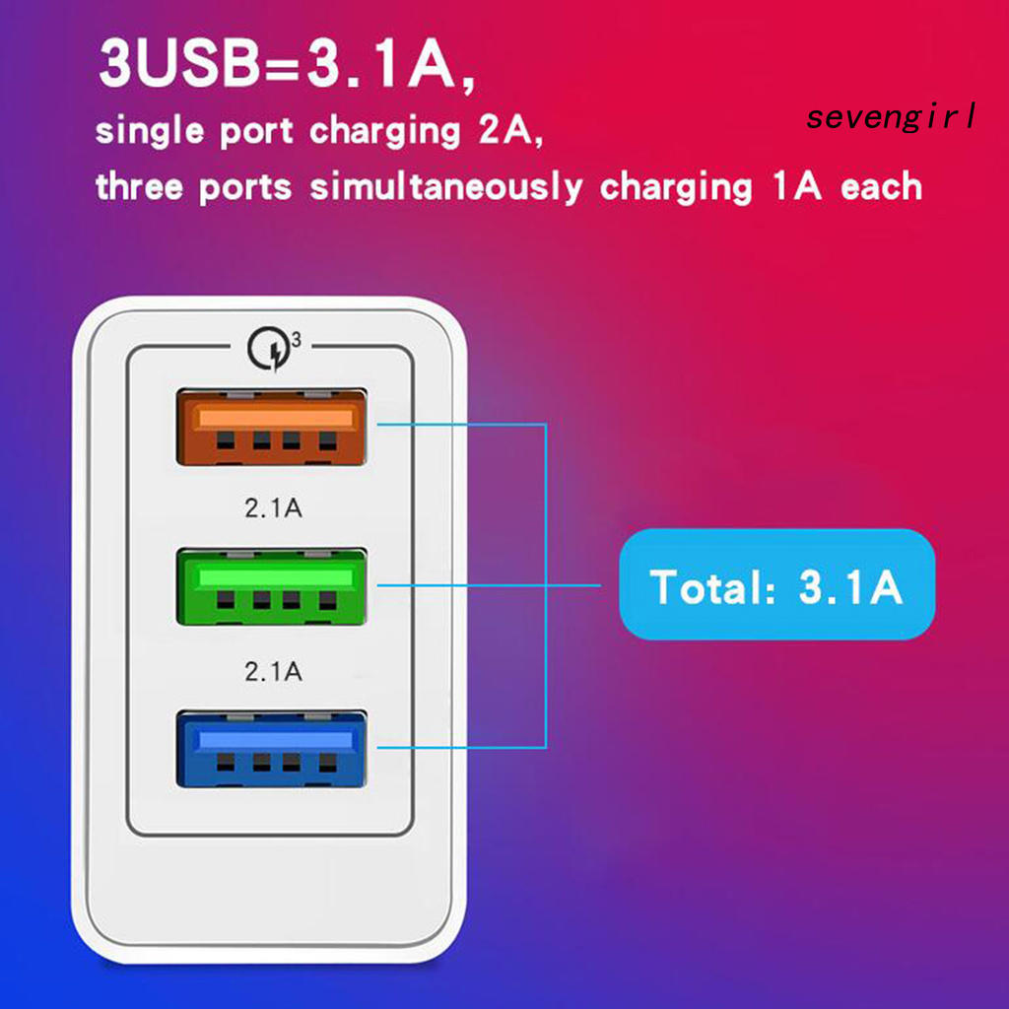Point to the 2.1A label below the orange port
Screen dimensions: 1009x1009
coord(272,509)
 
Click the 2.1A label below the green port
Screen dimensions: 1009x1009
coord(272,672)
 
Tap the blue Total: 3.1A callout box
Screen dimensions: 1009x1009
coord(776,585)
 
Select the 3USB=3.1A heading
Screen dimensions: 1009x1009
coord(286,65)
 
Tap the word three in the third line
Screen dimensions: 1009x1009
coord(140,186)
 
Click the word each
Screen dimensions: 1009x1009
coord(881,186)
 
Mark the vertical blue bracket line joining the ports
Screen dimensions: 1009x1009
coord(545,586)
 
